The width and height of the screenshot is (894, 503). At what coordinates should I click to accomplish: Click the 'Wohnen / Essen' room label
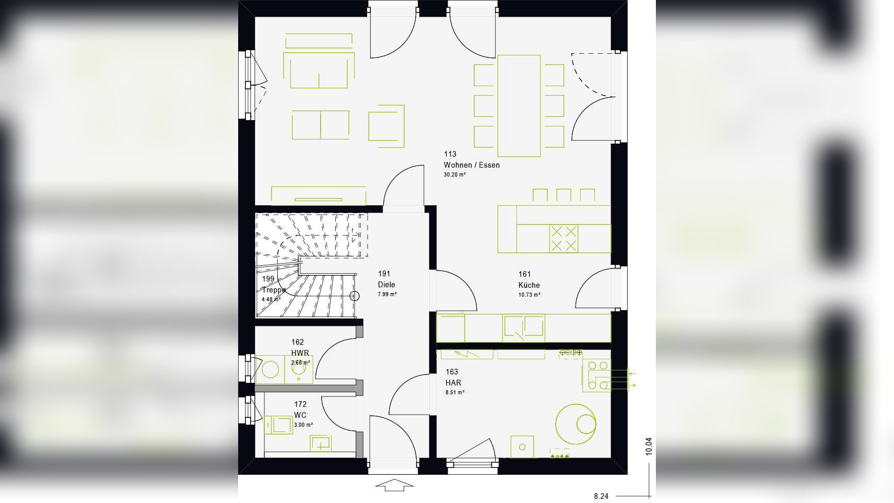(x=472, y=165)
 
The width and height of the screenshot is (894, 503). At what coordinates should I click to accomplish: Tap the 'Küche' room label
(x=529, y=285)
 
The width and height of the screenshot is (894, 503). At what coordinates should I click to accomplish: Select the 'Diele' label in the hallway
(x=386, y=285)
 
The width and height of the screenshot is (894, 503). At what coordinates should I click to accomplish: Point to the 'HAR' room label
(x=453, y=383)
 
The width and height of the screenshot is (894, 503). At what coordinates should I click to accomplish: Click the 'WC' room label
(x=300, y=415)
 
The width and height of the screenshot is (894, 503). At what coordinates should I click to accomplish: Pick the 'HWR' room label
(x=300, y=353)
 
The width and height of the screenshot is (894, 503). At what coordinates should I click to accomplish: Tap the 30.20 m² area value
(x=454, y=174)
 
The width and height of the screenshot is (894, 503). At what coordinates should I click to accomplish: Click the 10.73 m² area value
(x=530, y=295)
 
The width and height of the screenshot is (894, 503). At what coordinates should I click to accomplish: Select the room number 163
(x=452, y=372)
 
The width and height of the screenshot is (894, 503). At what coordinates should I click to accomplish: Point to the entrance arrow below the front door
(x=394, y=485)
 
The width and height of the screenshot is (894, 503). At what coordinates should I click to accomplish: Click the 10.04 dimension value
(x=649, y=446)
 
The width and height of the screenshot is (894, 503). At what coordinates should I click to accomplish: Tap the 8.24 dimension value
(x=601, y=496)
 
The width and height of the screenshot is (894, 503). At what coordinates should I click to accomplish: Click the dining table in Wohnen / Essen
(x=519, y=106)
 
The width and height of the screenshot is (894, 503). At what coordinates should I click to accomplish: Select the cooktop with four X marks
(x=563, y=238)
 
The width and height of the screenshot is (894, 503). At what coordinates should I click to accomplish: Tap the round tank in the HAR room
(x=576, y=424)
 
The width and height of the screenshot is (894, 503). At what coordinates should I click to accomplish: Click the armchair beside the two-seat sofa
(x=386, y=126)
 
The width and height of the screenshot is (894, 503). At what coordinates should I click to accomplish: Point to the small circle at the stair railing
(x=355, y=296)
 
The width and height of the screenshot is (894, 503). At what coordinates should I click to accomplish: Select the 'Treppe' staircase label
(x=274, y=290)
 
